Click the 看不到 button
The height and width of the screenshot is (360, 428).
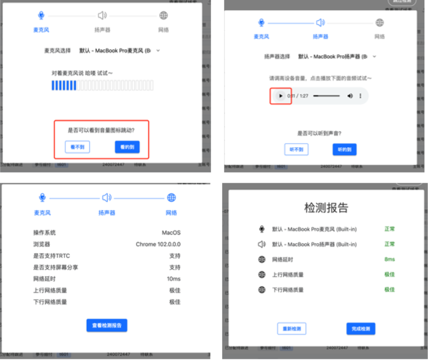77,147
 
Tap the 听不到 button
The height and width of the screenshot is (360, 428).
296,149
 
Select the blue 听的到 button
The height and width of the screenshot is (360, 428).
344,149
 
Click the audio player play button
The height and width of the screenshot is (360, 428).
280,96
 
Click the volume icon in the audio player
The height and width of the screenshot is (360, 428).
350,96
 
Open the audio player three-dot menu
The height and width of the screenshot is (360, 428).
360,96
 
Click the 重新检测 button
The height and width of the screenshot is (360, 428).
292,329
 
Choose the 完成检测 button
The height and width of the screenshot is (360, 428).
361,329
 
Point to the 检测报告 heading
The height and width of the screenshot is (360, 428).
326,207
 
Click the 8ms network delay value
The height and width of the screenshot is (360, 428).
389,259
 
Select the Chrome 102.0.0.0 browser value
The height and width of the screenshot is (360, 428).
158,244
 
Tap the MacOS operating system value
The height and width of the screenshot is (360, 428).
171,232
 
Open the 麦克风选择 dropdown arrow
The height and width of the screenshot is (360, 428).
158,51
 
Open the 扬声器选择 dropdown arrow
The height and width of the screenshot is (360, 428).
374,56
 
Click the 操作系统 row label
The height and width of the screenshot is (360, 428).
44,232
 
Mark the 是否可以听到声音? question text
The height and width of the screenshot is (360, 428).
319,133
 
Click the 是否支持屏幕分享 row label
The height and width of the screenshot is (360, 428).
56,267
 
